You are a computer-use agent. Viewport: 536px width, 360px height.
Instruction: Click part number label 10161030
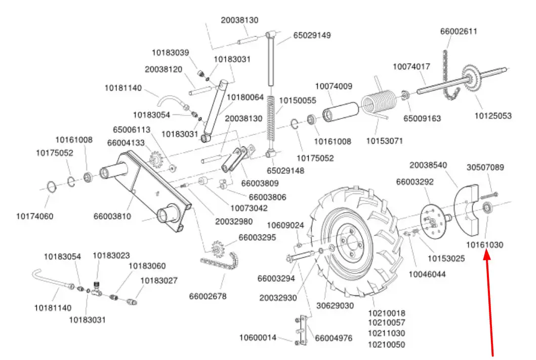click(484, 245)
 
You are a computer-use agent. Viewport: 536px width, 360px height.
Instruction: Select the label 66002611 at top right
click(458, 31)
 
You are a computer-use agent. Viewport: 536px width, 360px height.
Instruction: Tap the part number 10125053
click(492, 116)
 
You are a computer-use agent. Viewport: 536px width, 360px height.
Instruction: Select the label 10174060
click(34, 216)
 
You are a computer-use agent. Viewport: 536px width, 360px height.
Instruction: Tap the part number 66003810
click(112, 216)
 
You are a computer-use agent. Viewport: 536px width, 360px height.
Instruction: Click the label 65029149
click(312, 35)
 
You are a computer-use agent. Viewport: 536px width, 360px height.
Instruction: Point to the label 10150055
click(298, 100)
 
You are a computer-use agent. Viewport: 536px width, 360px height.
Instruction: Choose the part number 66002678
click(208, 296)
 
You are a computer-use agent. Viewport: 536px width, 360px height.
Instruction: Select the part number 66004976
click(334, 338)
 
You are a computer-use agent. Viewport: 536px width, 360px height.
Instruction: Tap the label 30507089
click(485, 167)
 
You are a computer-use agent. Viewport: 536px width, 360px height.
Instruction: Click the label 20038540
click(428, 165)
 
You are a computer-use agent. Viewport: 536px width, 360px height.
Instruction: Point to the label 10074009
click(334, 86)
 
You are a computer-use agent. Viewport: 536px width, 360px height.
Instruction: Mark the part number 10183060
click(147, 266)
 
